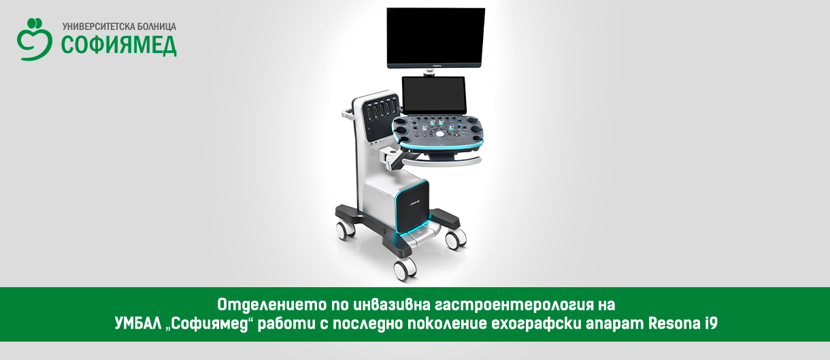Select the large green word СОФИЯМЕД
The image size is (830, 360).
point(118,46)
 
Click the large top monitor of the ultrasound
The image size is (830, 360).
point(435,38)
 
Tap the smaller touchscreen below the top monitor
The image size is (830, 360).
point(433,95)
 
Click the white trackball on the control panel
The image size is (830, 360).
point(439,133)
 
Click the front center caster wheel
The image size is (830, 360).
point(405,269)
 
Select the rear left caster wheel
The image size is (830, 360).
point(346,230)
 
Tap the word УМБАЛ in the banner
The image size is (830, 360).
point(138,323)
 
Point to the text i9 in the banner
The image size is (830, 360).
point(710,323)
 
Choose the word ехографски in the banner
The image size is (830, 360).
point(536,324)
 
